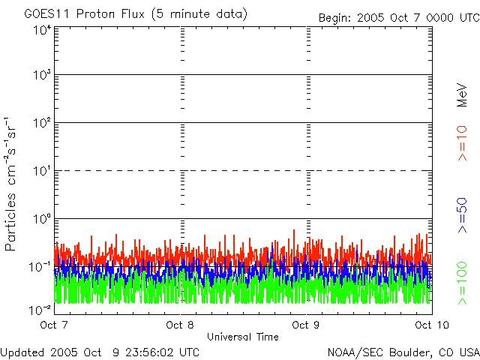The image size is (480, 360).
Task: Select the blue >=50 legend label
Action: [463, 214]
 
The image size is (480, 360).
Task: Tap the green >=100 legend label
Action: [463, 282]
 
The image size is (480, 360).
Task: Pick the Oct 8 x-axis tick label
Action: [181, 325]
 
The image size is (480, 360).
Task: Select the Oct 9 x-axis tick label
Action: [307, 325]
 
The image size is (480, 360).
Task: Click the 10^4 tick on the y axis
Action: [42, 30]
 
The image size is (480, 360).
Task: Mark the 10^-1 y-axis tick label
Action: [40, 266]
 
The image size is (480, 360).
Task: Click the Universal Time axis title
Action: [242, 337]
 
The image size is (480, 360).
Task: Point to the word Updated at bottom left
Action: [22, 351]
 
